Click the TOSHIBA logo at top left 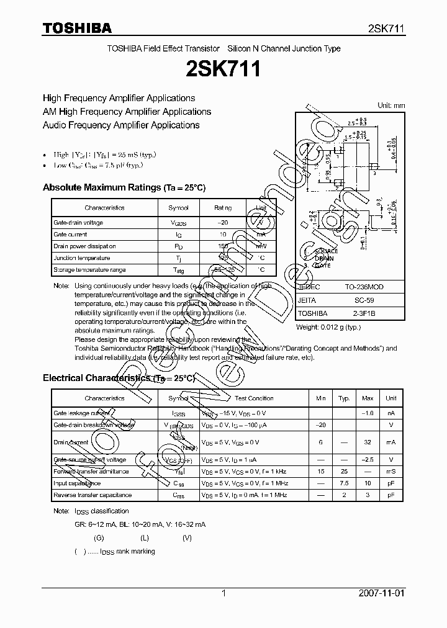coord(77,28)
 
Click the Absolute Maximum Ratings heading coord(124,187)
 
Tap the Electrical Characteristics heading coord(119,378)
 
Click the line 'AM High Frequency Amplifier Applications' coord(127,112)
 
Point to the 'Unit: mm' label coord(391,105)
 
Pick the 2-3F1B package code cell coord(361,313)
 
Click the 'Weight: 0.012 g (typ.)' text coord(328,326)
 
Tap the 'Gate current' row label coord(70,235)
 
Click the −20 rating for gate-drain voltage coord(223,223)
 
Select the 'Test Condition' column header coord(255,398)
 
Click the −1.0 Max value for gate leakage coord(367,413)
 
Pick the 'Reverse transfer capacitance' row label coord(93,495)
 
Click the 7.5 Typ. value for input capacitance coord(344,483)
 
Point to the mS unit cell coord(391,472)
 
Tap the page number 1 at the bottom coord(223,593)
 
